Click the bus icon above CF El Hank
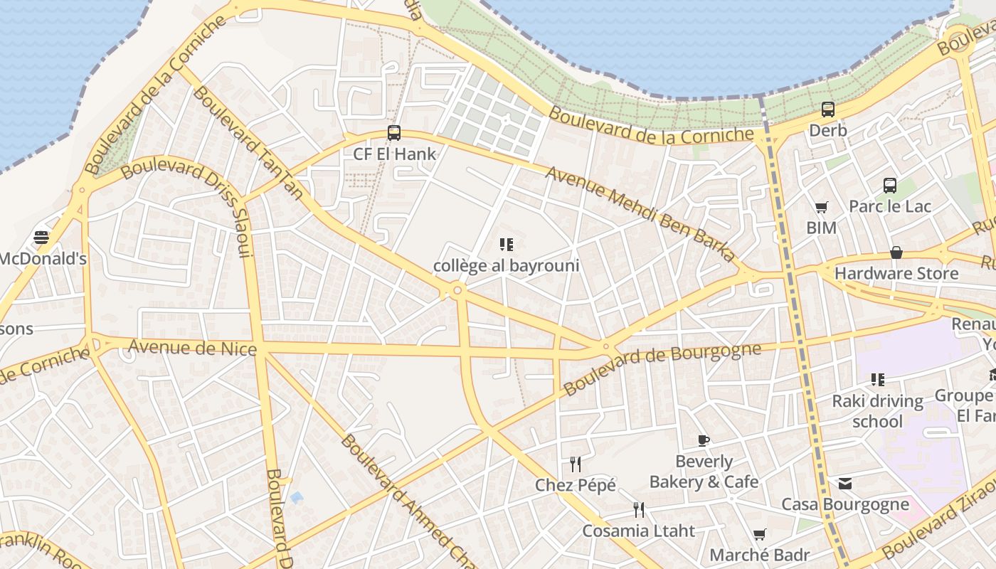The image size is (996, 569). pyautogui.click(x=393, y=133)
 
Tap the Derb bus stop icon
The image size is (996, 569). pyautogui.click(x=828, y=110)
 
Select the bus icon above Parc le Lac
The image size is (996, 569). pyautogui.click(x=889, y=186)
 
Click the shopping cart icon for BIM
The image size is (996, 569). pyautogui.click(x=822, y=208)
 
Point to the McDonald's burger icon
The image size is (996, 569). pyautogui.click(x=41, y=238)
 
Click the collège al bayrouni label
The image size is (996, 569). pyautogui.click(x=507, y=266)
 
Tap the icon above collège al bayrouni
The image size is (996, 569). pyautogui.click(x=507, y=245)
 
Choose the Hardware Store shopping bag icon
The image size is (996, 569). pyautogui.click(x=896, y=253)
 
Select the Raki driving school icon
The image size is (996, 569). pyautogui.click(x=878, y=380)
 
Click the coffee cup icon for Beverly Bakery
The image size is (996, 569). pyautogui.click(x=704, y=441)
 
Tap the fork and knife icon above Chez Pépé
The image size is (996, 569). pyautogui.click(x=576, y=464)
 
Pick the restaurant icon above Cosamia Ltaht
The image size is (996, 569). pyautogui.click(x=639, y=510)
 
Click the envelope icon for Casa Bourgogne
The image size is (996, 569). pyautogui.click(x=845, y=484)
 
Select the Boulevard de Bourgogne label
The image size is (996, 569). pyautogui.click(x=662, y=368)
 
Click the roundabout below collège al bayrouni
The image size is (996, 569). pyautogui.click(x=457, y=290)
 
